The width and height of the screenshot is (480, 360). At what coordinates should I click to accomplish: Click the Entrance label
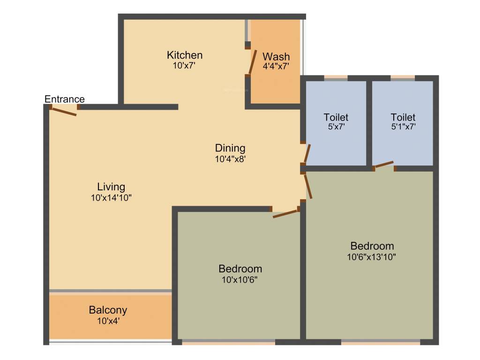pyautogui.click(x=65, y=99)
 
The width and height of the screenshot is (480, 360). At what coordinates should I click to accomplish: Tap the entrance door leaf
pyautogui.click(x=64, y=112)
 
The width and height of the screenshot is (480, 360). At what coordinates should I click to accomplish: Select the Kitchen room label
pyautogui.click(x=185, y=55)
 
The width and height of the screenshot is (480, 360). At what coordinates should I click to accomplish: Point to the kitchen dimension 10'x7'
pyautogui.click(x=184, y=66)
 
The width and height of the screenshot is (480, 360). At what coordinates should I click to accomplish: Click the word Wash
pyautogui.click(x=276, y=57)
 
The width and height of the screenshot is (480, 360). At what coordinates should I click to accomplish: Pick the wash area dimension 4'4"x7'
pyautogui.click(x=276, y=67)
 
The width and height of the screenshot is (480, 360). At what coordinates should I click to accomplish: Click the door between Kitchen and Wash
pyautogui.click(x=252, y=61)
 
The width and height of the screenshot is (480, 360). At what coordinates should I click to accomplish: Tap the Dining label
pyautogui.click(x=230, y=148)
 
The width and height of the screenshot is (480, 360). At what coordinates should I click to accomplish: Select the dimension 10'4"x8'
pyautogui.click(x=230, y=159)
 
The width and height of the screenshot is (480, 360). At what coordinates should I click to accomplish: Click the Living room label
pyautogui.click(x=111, y=187)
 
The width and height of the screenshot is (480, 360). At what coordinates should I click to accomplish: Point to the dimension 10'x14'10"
pyautogui.click(x=111, y=198)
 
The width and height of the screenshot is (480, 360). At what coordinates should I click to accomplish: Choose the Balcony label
pyautogui.click(x=108, y=310)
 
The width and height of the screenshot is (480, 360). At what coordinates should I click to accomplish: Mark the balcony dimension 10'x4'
pyautogui.click(x=108, y=321)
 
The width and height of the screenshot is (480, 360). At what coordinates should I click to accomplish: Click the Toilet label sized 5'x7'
pyautogui.click(x=336, y=117)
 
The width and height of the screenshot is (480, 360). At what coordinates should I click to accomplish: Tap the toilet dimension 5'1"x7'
pyautogui.click(x=403, y=127)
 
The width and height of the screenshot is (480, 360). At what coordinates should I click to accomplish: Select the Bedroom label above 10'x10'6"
pyautogui.click(x=240, y=269)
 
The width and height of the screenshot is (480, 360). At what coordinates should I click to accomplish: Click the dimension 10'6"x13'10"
pyautogui.click(x=372, y=257)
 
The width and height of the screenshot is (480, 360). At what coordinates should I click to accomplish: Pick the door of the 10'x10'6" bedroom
pyautogui.click(x=285, y=214)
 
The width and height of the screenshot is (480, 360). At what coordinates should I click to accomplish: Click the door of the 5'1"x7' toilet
pyautogui.click(x=384, y=164)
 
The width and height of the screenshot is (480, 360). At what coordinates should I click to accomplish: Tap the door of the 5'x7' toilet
pyautogui.click(x=307, y=153)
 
